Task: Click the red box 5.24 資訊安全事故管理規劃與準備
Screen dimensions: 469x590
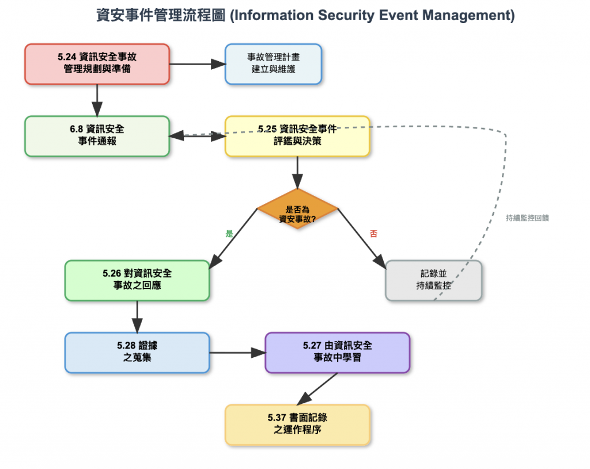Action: pos(97,64)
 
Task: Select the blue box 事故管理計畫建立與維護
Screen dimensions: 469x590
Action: pos(273,63)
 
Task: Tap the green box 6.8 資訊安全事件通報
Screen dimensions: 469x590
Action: pos(97,136)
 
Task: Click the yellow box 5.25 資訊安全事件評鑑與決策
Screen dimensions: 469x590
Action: pos(297,136)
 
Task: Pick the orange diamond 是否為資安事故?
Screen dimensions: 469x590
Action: pos(297,209)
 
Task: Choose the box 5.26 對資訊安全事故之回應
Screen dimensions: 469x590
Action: pos(137,280)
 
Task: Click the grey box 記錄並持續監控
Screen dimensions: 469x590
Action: pos(433,280)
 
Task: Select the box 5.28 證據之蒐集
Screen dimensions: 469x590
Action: pos(137,352)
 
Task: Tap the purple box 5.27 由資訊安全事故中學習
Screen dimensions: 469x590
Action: pos(337,352)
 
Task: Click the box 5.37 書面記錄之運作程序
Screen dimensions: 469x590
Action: pos(297,425)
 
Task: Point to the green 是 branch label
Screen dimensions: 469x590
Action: pos(229,234)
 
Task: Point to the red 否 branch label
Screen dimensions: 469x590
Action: pos(373,234)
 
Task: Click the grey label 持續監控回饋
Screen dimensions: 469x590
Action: pos(527,218)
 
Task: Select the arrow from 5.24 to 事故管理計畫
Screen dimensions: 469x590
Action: pos(196,64)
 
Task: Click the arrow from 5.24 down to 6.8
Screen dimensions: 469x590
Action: pos(97,100)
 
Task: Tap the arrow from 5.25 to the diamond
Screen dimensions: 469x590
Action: pos(297,172)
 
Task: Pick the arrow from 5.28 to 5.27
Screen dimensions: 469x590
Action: pos(237,352)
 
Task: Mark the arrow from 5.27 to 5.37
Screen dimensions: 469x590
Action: pos(317,389)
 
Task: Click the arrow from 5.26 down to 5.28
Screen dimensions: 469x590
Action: pos(137,316)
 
